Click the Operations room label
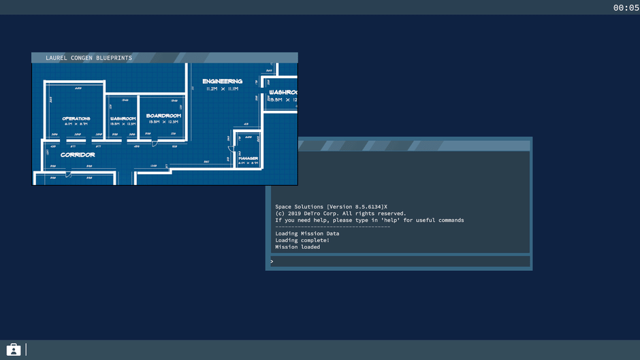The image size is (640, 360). pos(76,118)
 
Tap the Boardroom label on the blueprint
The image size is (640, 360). pos(163,116)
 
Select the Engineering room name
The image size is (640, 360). pos(222,81)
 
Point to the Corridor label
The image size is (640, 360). pos(78,154)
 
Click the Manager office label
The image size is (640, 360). pos(248,159)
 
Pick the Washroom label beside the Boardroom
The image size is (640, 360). pos(123,118)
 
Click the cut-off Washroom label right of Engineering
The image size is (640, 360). pos(283,92)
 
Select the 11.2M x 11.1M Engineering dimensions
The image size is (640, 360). pos(222,89)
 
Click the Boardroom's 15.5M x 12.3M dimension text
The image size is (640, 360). pos(163,122)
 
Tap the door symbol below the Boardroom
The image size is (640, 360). pos(155,143)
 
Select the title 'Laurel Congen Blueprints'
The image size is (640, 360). pos(89,58)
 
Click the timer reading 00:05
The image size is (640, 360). pos(626,7)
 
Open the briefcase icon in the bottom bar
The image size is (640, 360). pos(13,349)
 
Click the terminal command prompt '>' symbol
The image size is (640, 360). pos(272,261)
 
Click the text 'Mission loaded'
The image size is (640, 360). pos(298,247)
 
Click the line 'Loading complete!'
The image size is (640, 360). pos(302,240)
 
